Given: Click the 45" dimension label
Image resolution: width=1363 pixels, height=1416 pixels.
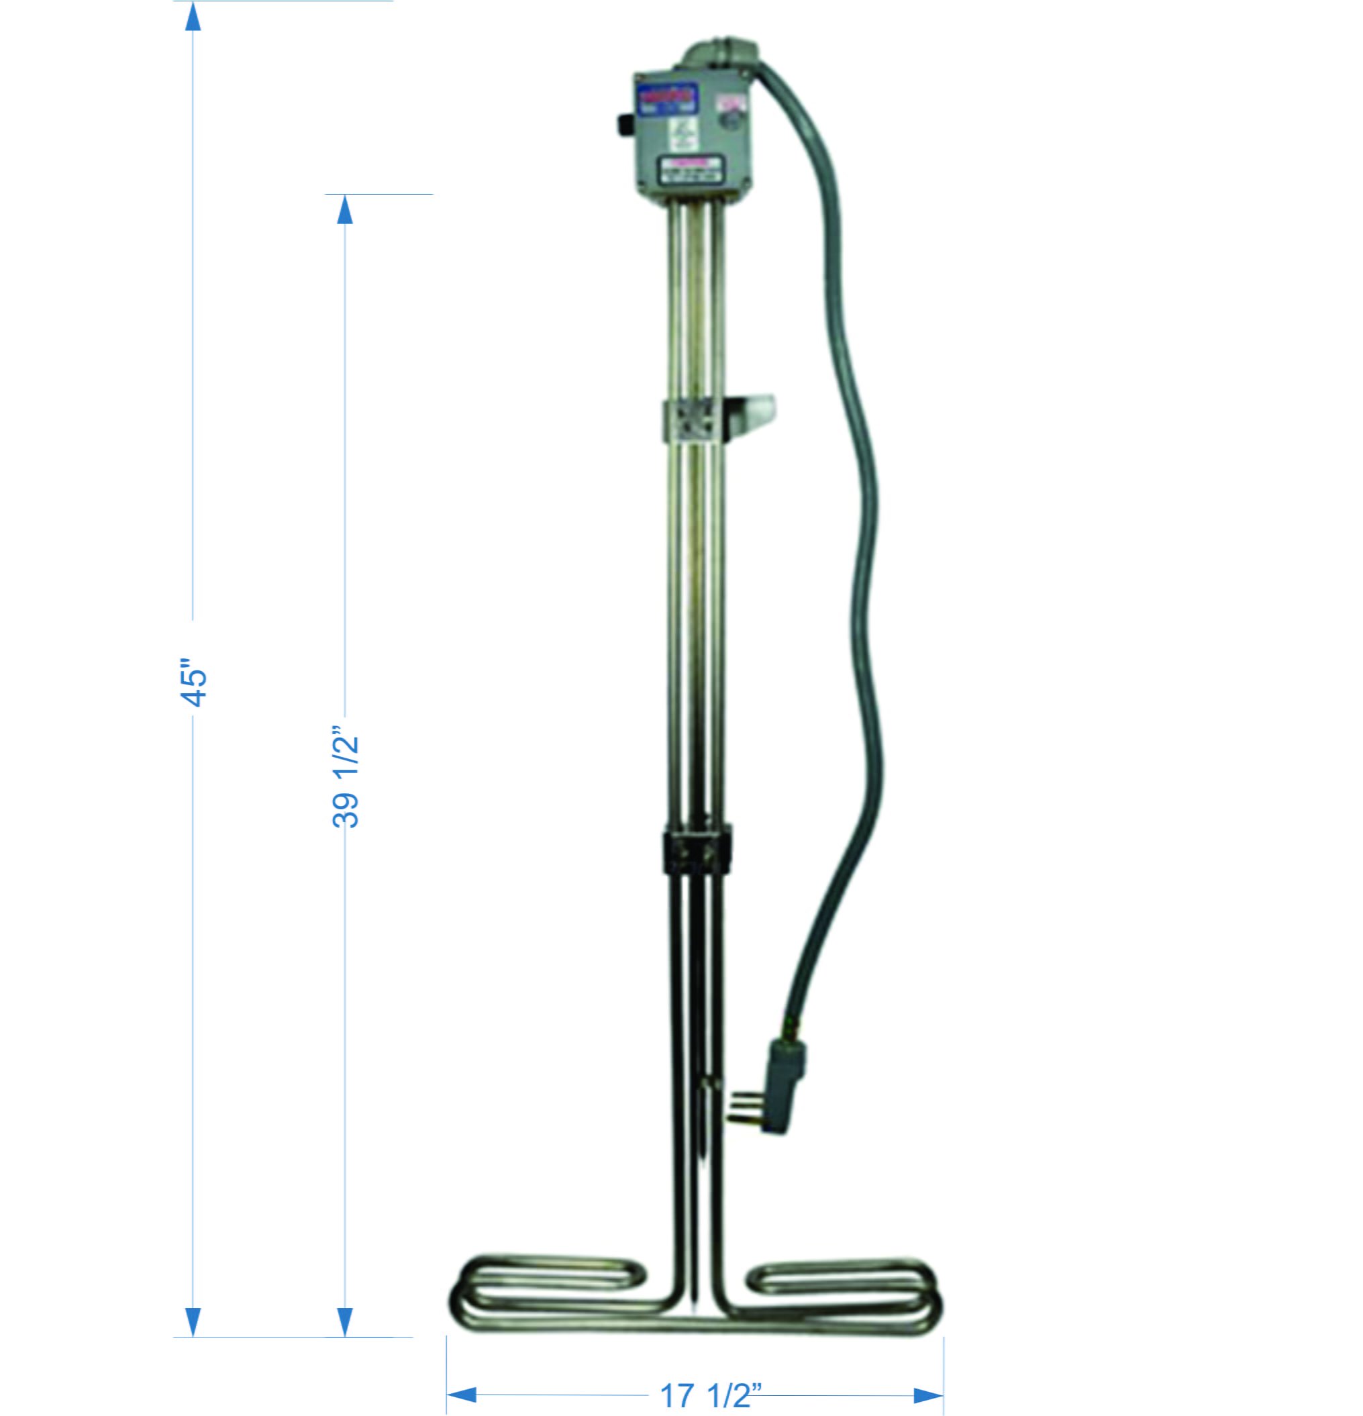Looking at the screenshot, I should pos(193,681).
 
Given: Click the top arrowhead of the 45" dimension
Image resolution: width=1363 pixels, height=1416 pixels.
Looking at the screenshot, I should pos(192,16).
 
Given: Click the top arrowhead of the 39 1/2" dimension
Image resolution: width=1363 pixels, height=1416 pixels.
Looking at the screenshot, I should pos(345,209).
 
